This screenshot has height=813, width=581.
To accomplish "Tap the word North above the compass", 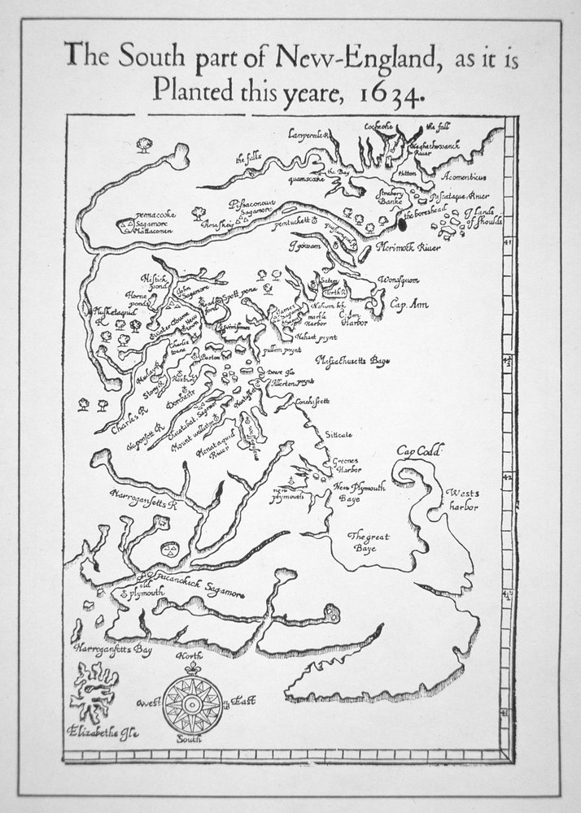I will (190, 655).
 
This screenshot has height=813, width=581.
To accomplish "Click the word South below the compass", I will (190, 741).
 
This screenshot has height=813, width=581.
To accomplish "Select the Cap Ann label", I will (404, 303).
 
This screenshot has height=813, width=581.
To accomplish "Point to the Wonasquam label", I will (398, 280).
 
